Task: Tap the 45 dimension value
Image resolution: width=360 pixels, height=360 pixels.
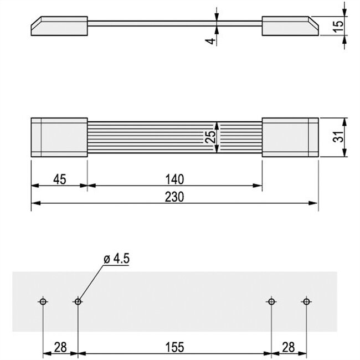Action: coord(59,178)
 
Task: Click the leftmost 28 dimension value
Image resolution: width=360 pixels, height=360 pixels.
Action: coord(60,347)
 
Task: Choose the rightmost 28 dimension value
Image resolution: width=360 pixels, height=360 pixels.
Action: coord(288,347)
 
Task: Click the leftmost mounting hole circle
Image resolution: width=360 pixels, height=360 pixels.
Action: coord(43,301)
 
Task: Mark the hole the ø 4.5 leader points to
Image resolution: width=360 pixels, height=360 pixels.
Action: coord(78,301)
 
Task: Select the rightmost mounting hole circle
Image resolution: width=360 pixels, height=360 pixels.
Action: coord(305,301)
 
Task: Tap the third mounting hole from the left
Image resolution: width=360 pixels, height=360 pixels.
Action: coord(271,301)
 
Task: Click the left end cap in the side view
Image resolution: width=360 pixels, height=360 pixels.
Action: coord(60,26)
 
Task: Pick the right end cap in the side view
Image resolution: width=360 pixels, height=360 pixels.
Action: coord(289,26)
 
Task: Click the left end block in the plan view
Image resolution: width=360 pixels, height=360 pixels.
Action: coord(59,138)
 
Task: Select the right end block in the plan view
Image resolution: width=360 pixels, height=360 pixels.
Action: coord(290,138)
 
